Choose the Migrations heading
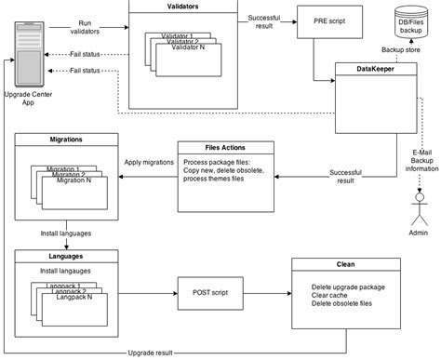point(64,140)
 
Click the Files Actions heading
point(225,146)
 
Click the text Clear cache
point(335,295)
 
